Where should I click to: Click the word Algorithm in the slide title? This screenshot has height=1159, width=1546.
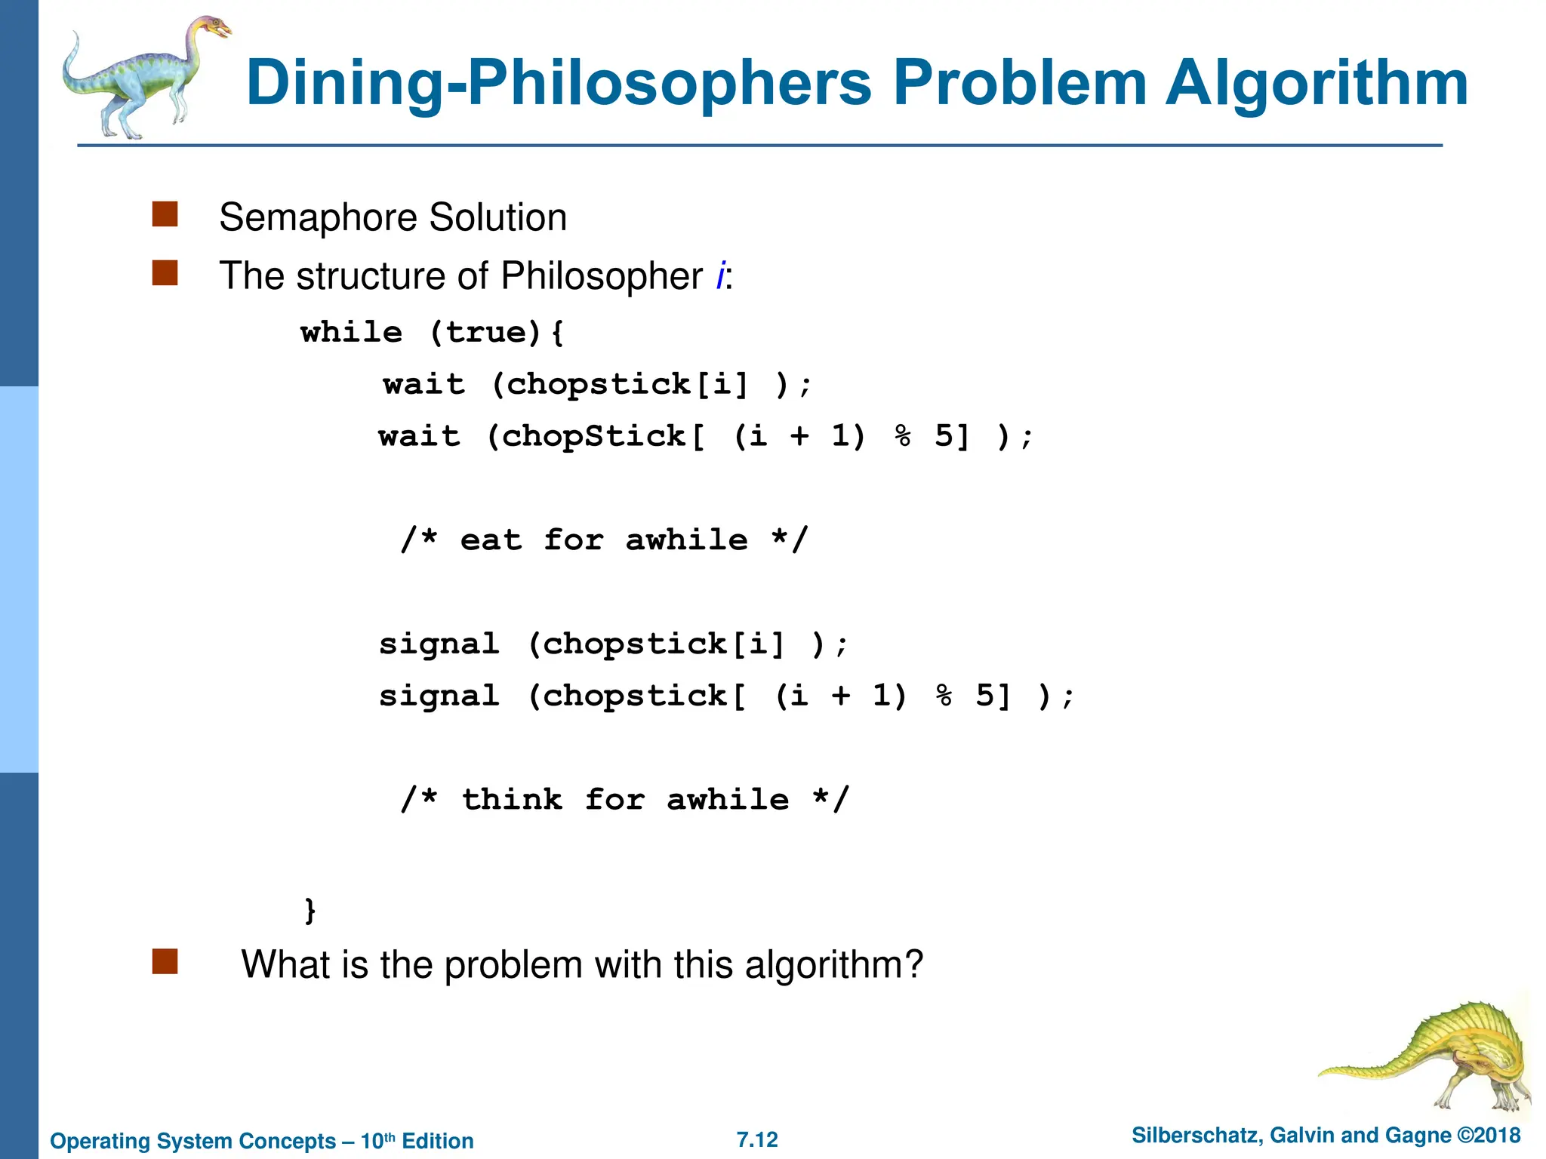pyautogui.click(x=1317, y=83)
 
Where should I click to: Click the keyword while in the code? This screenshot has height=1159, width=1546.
pyautogui.click(x=351, y=333)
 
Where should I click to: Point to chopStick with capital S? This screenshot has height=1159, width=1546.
pyautogui.click(x=593, y=436)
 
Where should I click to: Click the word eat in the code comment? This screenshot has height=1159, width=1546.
pyautogui.click(x=491, y=540)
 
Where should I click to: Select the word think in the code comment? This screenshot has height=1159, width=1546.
pyautogui.click(x=512, y=800)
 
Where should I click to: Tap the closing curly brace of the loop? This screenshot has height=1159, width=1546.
pyautogui.click(x=310, y=910)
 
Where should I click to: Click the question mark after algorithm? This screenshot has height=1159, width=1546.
pyautogui.click(x=913, y=964)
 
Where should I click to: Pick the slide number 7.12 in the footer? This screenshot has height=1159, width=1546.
pyautogui.click(x=757, y=1139)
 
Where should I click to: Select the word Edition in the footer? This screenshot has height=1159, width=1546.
pyautogui.click(x=438, y=1141)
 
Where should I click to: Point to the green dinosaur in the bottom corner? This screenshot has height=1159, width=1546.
pyautogui.click(x=1434, y=1056)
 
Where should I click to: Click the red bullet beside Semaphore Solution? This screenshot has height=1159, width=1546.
pyautogui.click(x=165, y=214)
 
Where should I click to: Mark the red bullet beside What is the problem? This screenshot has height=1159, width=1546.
pyautogui.click(x=165, y=962)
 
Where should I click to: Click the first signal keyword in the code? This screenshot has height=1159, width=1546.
pyautogui.click(x=439, y=644)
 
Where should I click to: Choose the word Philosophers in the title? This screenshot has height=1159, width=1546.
pyautogui.click(x=669, y=83)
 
